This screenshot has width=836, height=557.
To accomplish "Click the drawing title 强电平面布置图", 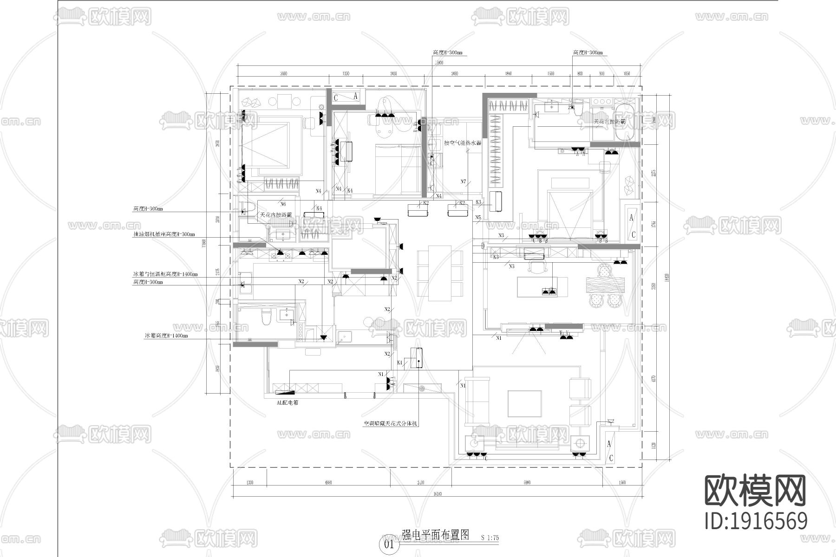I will point(436,534).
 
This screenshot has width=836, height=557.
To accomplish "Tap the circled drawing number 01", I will point(389,544).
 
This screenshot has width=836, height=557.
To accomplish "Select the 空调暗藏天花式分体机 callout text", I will point(391,424).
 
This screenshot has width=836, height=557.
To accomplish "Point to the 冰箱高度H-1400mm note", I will point(166,335).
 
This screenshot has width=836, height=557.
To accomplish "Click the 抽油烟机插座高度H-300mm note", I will point(164,235).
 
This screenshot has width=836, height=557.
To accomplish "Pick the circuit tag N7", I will point(463,181).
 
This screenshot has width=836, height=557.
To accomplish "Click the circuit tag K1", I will point(399,363).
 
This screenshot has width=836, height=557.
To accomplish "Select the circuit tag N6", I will point(283,204).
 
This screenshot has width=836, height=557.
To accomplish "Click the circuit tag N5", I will point(478,217).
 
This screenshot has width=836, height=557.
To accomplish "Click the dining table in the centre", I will point(440,272).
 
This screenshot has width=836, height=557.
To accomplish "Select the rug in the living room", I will point(525,404).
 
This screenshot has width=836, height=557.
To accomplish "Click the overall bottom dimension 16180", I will point(437,494).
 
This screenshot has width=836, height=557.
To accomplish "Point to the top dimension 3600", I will point(284,73).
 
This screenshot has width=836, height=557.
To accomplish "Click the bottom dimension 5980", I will point(527,483).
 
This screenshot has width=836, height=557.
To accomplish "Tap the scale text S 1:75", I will point(490,538).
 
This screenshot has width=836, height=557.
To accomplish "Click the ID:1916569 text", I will point(756,520).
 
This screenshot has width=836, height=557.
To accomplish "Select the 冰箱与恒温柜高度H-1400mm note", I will point(165,274).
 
